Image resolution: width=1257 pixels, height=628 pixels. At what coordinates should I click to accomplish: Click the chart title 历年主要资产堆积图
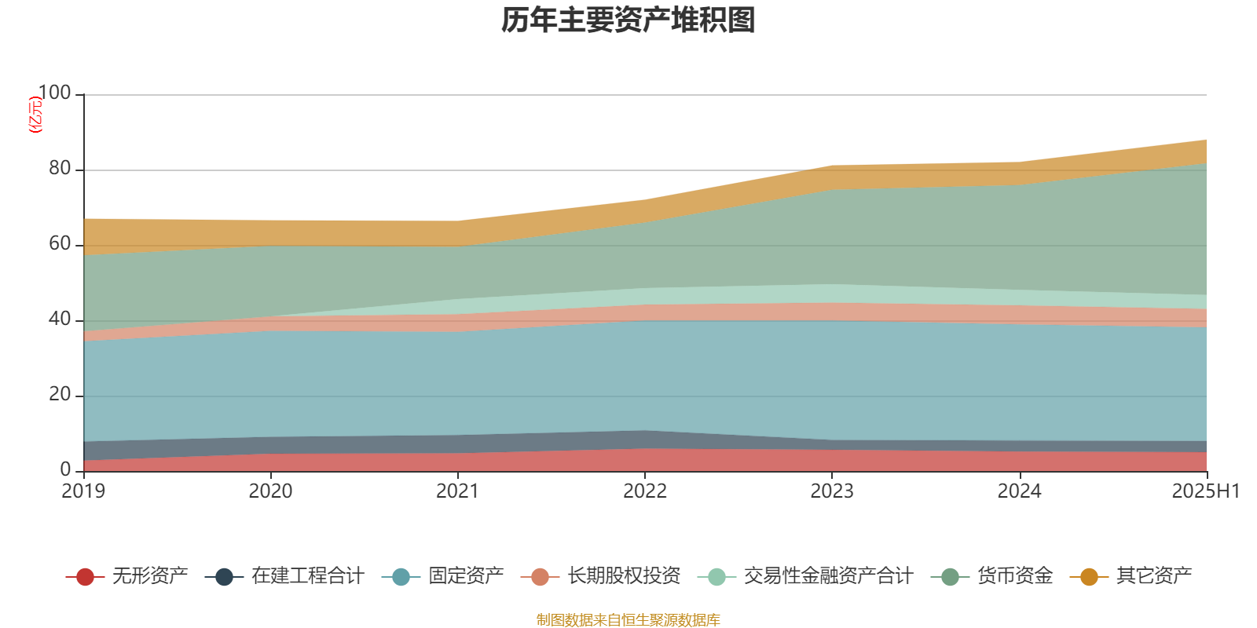coord(628,21)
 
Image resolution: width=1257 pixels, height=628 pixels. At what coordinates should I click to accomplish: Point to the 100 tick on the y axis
coord(54,93)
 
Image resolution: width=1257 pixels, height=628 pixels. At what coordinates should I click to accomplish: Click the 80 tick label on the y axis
coord(60,169)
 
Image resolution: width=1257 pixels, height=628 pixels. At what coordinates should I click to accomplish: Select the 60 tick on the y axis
coord(60,244)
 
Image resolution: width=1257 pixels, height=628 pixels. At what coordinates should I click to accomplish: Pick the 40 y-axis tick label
coord(60,319)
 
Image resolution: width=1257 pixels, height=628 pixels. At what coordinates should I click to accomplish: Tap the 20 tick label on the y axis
coord(60,395)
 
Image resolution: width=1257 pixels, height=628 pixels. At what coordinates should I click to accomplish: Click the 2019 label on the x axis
coord(83,491)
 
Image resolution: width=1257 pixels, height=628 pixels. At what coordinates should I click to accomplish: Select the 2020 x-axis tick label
coord(270,491)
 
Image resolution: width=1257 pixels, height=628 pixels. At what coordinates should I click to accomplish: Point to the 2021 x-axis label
coord(457,491)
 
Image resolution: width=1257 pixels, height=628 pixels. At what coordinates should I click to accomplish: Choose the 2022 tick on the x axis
coord(644,491)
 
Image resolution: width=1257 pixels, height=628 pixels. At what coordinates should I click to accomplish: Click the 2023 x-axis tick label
coord(832,491)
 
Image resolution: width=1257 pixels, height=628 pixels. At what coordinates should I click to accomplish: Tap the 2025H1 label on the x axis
coord(1205,491)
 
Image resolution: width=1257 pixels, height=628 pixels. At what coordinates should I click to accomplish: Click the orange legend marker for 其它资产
coord(1089,577)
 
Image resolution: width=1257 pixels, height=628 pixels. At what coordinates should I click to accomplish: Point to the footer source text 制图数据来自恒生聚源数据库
coord(628,620)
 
